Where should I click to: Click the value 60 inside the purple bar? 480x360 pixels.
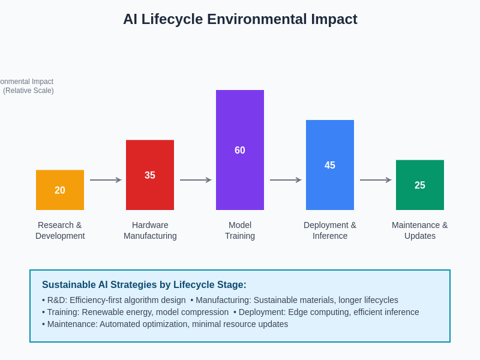pos(240,151)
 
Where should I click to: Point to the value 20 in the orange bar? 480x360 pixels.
pos(60,190)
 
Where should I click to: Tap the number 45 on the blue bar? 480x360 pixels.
pos(330,166)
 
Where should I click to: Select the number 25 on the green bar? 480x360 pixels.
pos(420,185)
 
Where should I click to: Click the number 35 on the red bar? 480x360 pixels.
pos(150,175)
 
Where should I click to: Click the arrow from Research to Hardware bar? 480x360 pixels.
pos(106,180)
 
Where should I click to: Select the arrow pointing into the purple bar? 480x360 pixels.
pos(196,180)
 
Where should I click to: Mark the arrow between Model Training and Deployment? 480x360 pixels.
pos(286,180)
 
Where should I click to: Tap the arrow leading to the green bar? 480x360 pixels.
pos(376,180)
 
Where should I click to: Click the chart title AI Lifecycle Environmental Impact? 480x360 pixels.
pos(240,19)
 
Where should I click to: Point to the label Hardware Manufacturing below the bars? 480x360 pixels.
pos(150,230)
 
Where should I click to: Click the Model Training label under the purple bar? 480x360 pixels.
pos(240,230)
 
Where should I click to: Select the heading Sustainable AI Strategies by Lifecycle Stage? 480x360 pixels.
pos(144,285)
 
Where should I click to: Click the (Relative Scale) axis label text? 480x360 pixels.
pos(28,91)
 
